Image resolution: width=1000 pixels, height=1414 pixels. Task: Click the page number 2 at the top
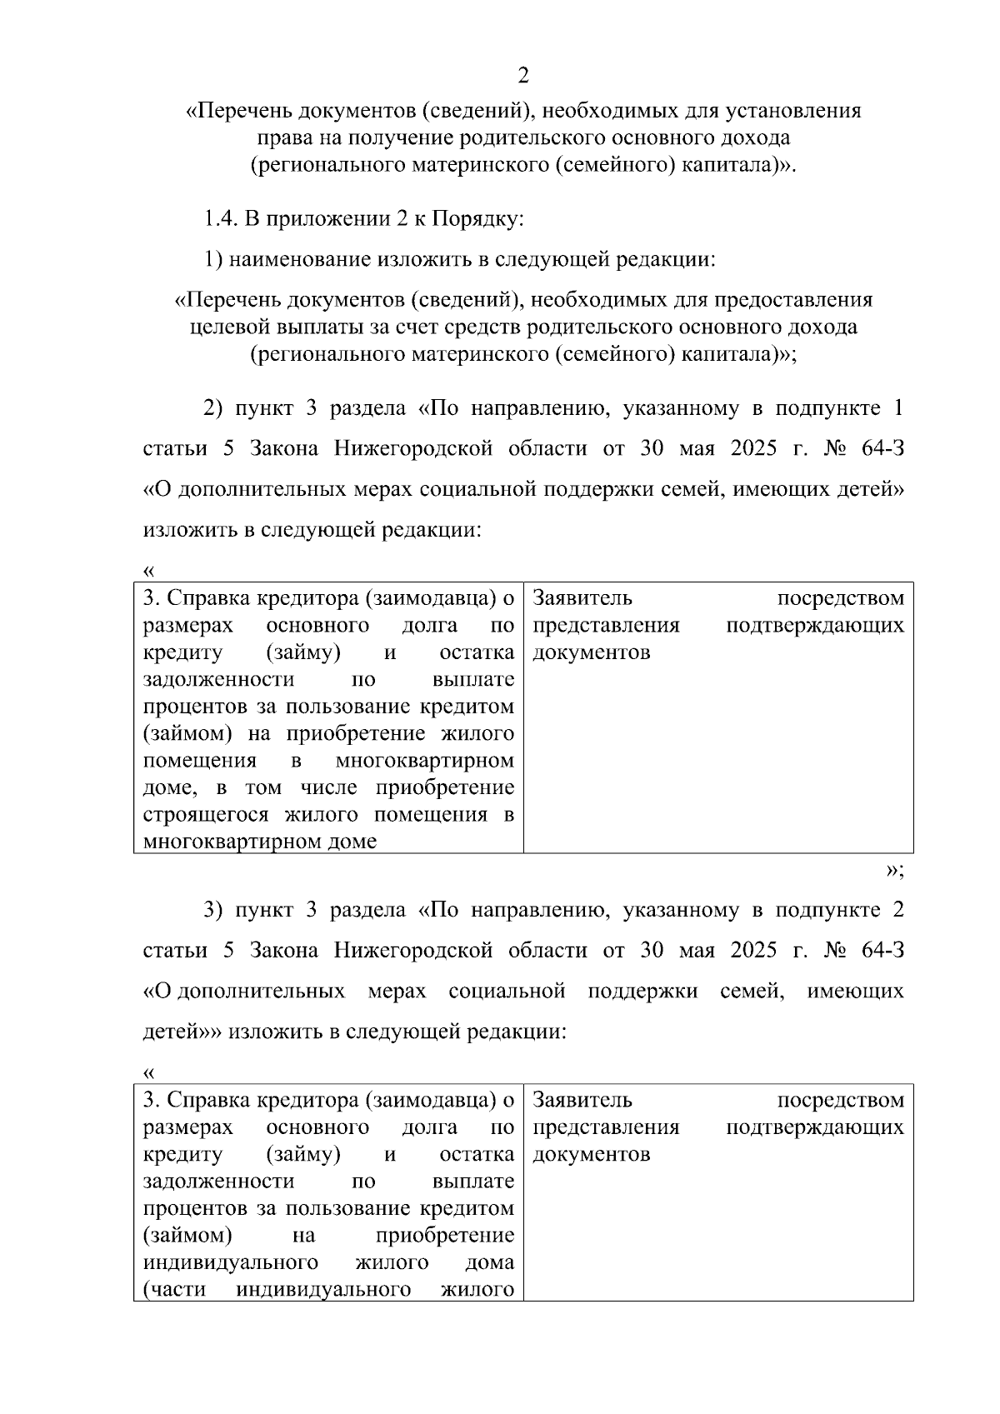tap(523, 77)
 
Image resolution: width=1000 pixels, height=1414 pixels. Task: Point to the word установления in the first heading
tap(805, 110)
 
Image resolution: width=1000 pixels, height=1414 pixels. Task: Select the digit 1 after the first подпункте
tap(897, 408)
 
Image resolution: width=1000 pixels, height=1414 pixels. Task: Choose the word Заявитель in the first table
tap(582, 598)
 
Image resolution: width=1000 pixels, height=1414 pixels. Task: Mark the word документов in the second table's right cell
tap(592, 1154)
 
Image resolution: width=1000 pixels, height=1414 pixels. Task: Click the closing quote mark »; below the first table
tap(894, 871)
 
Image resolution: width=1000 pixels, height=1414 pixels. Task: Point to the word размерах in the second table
tap(188, 1127)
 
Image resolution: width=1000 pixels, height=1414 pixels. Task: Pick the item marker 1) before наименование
tap(213, 259)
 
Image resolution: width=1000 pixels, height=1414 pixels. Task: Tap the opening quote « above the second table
tap(149, 1072)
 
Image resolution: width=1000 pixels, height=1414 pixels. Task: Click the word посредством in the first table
tap(840, 598)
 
